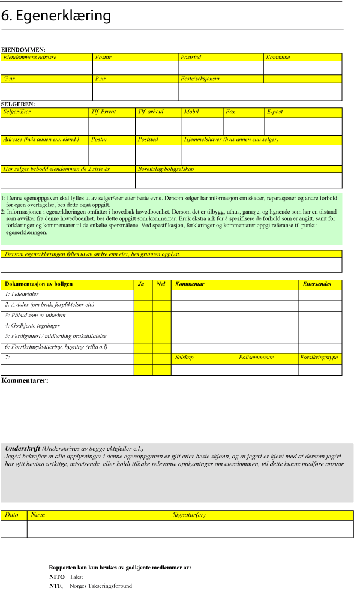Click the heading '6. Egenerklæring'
(x=56, y=16)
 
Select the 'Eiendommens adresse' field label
(x=30, y=57)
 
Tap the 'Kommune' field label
(x=278, y=57)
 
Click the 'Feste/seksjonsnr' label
(x=200, y=79)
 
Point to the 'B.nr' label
(x=100, y=79)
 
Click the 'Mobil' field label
(x=191, y=112)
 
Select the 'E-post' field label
(x=275, y=112)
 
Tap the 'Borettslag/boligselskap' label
(x=166, y=169)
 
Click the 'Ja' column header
(x=142, y=284)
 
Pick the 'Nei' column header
(x=161, y=284)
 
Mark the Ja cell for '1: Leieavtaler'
(x=143, y=294)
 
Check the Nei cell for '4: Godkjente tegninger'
(x=161, y=326)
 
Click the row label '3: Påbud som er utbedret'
(x=35, y=315)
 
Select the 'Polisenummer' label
(x=256, y=358)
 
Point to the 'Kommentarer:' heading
(x=25, y=380)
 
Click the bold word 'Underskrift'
(x=23, y=448)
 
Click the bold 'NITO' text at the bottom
(x=56, y=576)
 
